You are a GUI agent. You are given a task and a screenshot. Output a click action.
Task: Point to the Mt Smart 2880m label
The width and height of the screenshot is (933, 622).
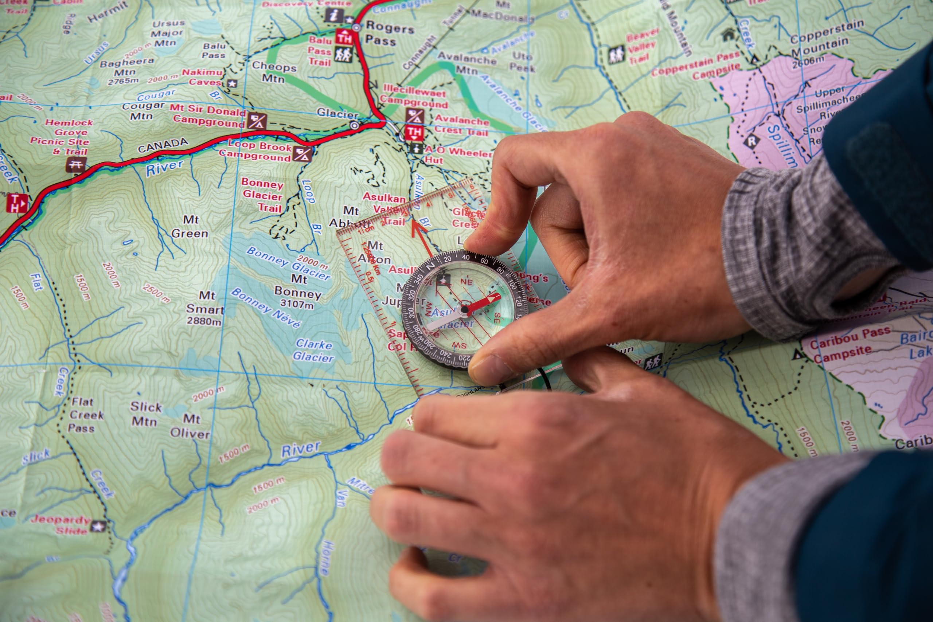205,308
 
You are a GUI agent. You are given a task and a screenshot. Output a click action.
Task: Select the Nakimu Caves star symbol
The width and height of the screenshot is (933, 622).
232,84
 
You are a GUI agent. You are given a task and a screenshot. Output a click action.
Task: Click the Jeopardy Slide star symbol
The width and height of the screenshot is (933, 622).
98,527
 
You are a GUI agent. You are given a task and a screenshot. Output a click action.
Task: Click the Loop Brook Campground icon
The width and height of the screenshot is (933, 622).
302,153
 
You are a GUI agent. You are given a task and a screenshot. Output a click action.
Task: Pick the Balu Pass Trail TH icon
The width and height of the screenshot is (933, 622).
344,39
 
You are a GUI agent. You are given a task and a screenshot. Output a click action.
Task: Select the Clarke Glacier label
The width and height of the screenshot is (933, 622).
313,351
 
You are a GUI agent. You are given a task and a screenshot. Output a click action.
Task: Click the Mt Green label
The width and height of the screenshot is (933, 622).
190,227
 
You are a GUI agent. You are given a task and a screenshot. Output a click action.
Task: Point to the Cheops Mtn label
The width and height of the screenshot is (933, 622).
274,72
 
